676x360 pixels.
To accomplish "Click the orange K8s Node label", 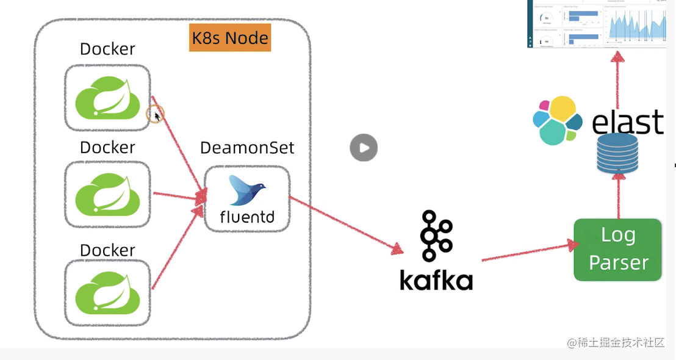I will pos(230,38).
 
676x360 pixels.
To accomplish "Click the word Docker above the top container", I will pos(107,49).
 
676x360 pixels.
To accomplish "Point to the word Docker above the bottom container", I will pos(107,250).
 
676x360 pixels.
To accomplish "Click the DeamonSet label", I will pos(247,148).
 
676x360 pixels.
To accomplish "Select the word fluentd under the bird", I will pos(246,217).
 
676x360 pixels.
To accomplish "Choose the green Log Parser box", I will pos(617,250).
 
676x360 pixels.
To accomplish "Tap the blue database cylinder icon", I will pos(617,153).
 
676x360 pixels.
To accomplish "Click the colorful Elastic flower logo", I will pos(556,121).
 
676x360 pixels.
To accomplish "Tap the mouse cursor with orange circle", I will pos(156,115).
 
